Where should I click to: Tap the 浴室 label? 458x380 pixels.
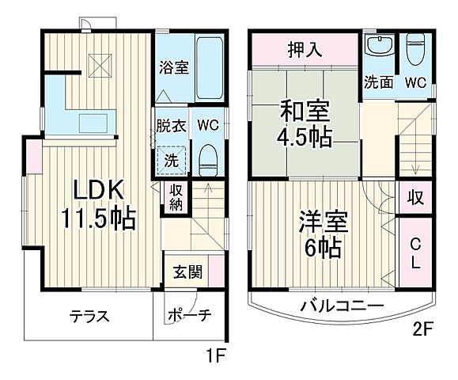[x=173, y=68]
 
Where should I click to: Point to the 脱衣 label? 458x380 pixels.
[x=171, y=125]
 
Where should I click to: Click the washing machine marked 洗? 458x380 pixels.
[x=172, y=158]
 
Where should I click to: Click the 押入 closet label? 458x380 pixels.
[x=305, y=50]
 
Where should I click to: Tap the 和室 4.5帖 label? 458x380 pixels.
[x=304, y=125]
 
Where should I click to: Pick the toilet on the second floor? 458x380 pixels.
[x=415, y=52]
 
